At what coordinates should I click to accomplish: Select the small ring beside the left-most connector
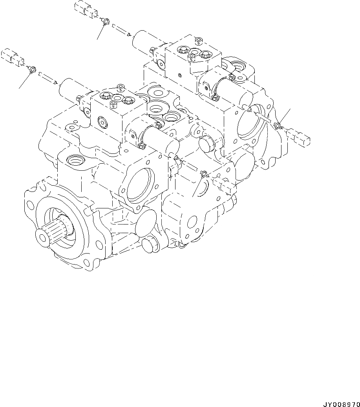[x=33, y=70]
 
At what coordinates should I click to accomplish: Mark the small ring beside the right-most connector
[x=278, y=126]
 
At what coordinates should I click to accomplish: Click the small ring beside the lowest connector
[x=203, y=173]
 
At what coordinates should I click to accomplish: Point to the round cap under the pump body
[x=149, y=244]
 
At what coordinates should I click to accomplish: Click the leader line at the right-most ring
[x=285, y=116]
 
